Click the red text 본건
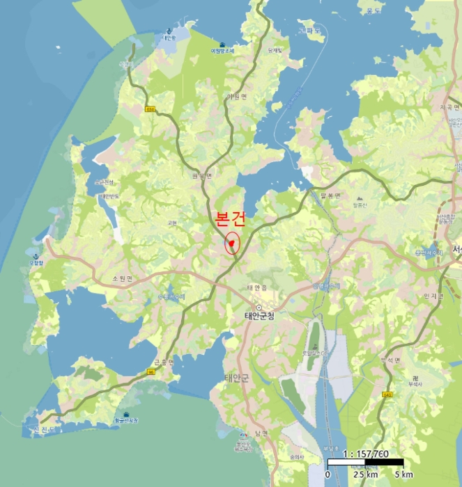pos(231,219)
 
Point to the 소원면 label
pos(122,278)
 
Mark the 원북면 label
pos(202,176)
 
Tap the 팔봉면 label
pos(331,195)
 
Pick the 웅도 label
pos(371,10)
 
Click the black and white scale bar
pos(366,463)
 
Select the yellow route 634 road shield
pos(151,109)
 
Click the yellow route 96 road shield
pos(150,372)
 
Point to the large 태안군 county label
pos(236,378)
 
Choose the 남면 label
pos(261,433)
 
